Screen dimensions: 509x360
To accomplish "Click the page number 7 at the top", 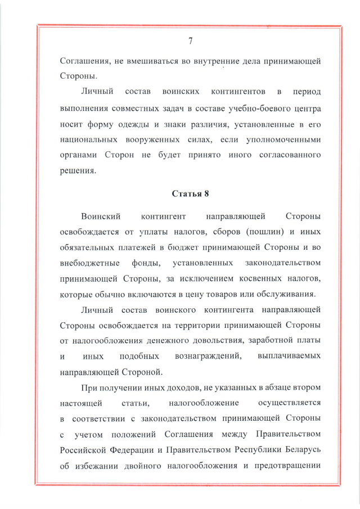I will pos(190,40).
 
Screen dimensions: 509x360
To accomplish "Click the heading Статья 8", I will pos(190,195).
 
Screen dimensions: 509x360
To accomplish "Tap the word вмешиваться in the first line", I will pos(148,61).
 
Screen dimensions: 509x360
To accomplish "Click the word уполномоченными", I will pos(286,138).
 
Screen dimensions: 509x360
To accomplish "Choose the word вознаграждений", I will pos(209,357).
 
